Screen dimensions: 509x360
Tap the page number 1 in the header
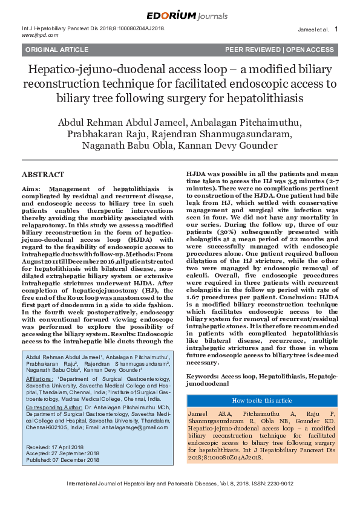(336, 28)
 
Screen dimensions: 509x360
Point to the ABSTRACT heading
(42, 175)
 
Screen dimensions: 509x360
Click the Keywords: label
(203, 375)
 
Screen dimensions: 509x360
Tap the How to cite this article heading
(261, 400)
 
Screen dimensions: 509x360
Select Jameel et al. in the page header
(313, 29)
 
